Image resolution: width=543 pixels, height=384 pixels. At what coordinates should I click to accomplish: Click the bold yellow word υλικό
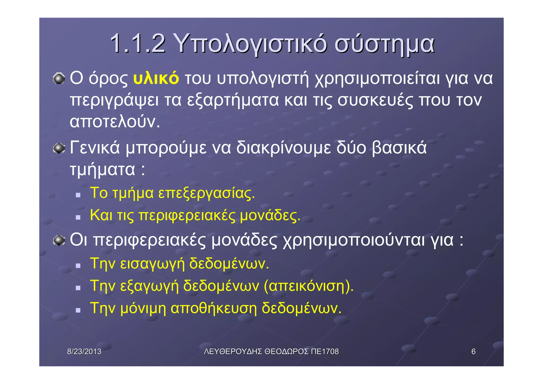156,78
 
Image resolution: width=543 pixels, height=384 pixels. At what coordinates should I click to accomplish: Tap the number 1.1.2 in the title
138,44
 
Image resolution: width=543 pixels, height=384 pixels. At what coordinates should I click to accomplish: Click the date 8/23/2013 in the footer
84,352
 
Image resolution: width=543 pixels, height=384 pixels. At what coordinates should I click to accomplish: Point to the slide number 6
473,352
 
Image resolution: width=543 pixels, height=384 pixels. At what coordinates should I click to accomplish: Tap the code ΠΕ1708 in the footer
325,352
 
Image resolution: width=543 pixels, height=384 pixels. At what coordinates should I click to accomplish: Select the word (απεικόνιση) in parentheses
309,286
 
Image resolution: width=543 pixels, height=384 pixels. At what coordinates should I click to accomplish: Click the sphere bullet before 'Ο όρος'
59,79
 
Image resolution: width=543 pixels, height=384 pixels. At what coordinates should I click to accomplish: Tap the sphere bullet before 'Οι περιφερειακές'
59,240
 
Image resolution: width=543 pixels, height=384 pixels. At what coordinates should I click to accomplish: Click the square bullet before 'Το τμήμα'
78,195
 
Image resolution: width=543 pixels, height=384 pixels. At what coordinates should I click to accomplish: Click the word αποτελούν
115,122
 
